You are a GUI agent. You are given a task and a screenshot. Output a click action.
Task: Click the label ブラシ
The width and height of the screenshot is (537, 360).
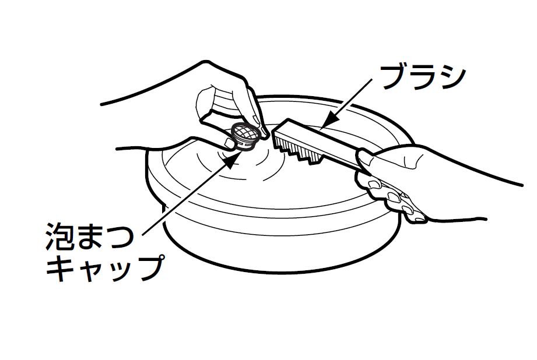423,77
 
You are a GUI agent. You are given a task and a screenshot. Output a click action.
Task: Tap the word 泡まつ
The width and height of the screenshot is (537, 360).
89,236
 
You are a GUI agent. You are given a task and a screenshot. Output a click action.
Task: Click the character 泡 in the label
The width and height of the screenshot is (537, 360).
59,236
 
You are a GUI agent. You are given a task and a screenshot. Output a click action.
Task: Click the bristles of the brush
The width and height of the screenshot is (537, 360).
297,150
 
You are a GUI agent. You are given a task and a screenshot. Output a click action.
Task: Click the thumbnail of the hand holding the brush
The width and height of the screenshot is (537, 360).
364,158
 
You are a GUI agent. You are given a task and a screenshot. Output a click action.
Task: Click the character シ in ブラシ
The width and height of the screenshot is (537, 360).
451,77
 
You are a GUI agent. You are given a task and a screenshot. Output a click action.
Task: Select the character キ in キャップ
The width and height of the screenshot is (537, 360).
60,269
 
